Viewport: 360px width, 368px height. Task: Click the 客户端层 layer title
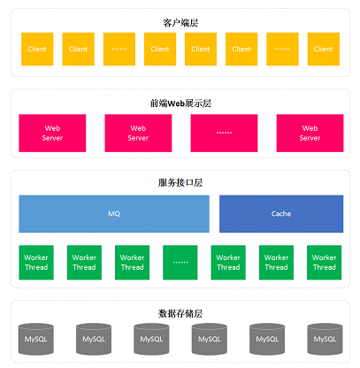point(180,23)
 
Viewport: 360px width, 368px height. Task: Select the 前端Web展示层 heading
point(180,103)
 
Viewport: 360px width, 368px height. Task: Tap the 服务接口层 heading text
point(180,183)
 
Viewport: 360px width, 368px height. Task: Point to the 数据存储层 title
point(180,313)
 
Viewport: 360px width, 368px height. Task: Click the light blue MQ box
point(114,214)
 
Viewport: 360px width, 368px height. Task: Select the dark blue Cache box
point(281,214)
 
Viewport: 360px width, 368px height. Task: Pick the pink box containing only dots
point(224,133)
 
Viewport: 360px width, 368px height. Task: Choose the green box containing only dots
point(180,263)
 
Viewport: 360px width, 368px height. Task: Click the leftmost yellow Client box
point(37,49)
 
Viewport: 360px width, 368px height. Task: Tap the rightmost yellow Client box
point(324,49)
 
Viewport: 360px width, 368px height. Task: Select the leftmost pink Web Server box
point(52,133)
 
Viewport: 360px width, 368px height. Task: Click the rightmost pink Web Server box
point(310,133)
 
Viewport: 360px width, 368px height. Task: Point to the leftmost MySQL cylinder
point(36,339)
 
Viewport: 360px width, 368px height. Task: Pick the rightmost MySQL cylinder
point(325,339)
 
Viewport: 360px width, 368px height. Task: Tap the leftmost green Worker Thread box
point(36,263)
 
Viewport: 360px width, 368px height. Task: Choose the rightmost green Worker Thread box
point(325,263)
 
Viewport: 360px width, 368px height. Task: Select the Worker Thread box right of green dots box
point(228,263)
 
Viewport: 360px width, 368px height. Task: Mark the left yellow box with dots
point(119,49)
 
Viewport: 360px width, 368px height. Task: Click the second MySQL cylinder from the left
point(94,339)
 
